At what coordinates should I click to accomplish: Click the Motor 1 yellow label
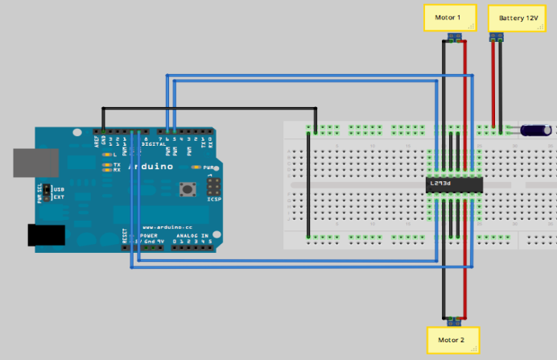pyautogui.click(x=448, y=17)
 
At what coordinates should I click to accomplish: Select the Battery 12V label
pyautogui.click(x=514, y=17)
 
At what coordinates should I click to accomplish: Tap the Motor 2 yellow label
pyautogui.click(x=452, y=340)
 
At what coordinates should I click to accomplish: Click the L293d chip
pyautogui.click(x=454, y=185)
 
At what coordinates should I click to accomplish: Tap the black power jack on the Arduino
pyautogui.click(x=47, y=234)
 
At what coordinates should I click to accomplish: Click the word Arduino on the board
pyautogui.click(x=150, y=167)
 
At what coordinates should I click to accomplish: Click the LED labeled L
pyautogui.click(x=106, y=153)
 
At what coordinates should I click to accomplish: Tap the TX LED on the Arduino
pyautogui.click(x=106, y=163)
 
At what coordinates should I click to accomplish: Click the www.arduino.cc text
pyautogui.click(x=166, y=227)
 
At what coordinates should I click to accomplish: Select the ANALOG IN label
pyautogui.click(x=193, y=235)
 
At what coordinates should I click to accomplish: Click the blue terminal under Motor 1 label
pyautogui.click(x=456, y=36)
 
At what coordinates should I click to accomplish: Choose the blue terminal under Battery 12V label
pyautogui.click(x=496, y=36)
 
